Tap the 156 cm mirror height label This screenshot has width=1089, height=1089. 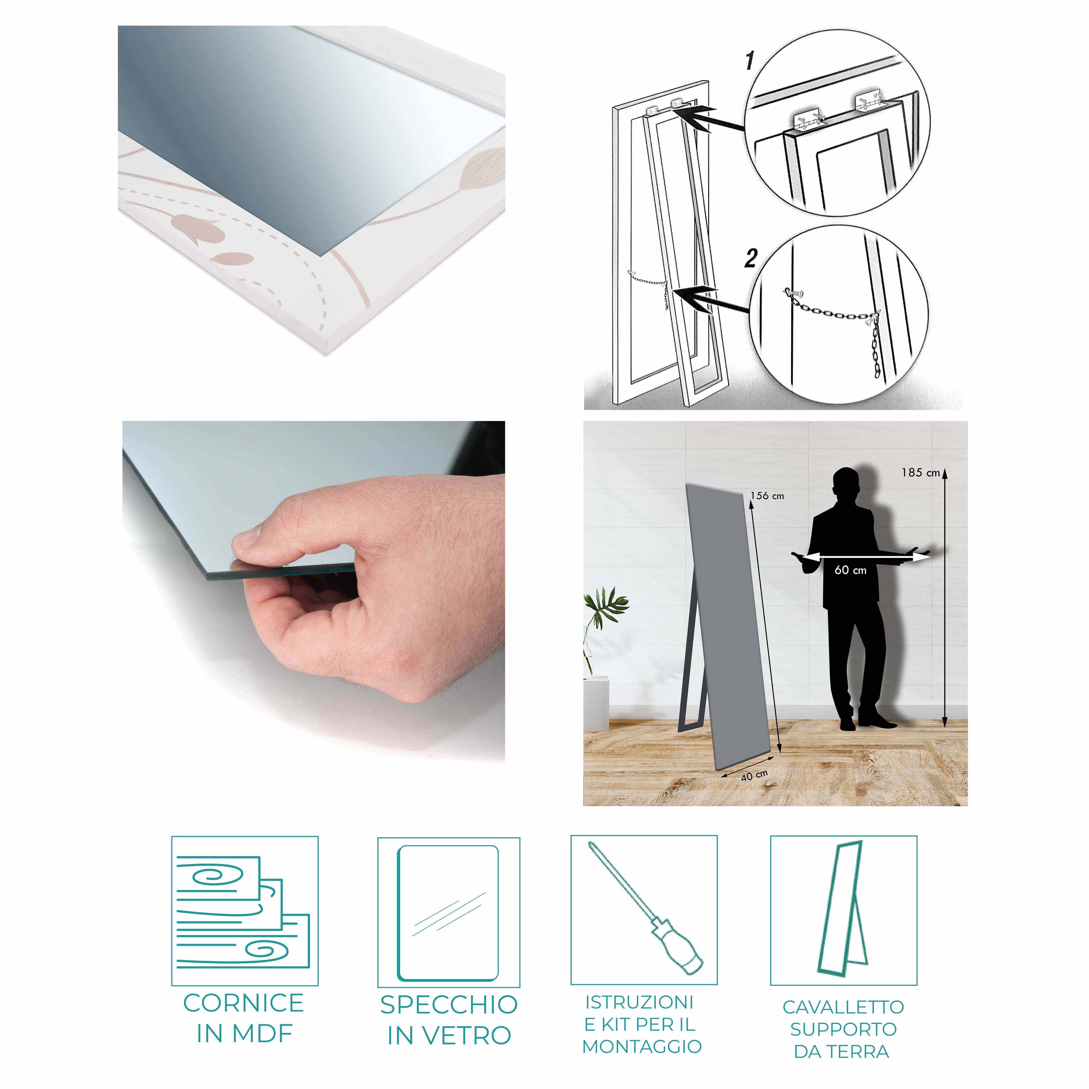(767, 496)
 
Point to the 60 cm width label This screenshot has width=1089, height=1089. (851, 571)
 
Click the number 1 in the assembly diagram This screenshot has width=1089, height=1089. (750, 61)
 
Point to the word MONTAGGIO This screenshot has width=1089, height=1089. (642, 1046)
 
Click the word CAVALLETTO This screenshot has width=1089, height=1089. (843, 1007)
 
